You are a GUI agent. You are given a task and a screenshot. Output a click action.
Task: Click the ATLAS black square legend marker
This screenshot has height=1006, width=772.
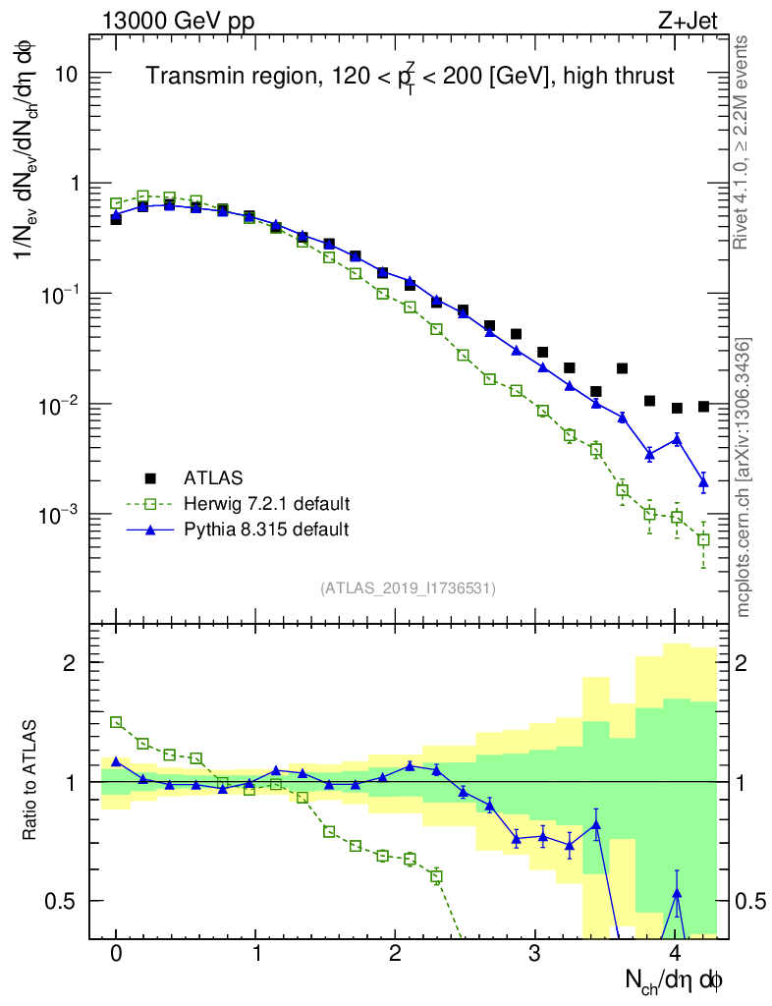pyautogui.click(x=150, y=478)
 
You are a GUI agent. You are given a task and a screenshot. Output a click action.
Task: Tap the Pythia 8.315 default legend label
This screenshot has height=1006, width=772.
pyautogui.click(x=266, y=530)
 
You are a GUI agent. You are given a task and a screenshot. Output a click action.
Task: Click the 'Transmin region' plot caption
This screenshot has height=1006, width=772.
pyautogui.click(x=411, y=76)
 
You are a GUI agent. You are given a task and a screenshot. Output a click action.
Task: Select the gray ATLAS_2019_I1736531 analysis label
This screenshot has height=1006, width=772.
pyautogui.click(x=408, y=588)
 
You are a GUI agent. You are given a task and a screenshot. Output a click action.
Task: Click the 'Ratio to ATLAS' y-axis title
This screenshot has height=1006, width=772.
pyautogui.click(x=30, y=782)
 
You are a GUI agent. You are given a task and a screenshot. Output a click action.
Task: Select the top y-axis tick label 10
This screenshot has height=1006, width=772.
pyautogui.click(x=65, y=74)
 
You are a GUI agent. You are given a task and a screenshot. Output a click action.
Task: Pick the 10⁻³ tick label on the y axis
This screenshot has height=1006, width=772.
pyautogui.click(x=61, y=515)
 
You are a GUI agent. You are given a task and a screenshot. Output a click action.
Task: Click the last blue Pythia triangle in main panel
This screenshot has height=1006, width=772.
pyautogui.click(x=703, y=481)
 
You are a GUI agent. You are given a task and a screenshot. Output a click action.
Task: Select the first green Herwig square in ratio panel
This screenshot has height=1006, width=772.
pyautogui.click(x=116, y=722)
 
